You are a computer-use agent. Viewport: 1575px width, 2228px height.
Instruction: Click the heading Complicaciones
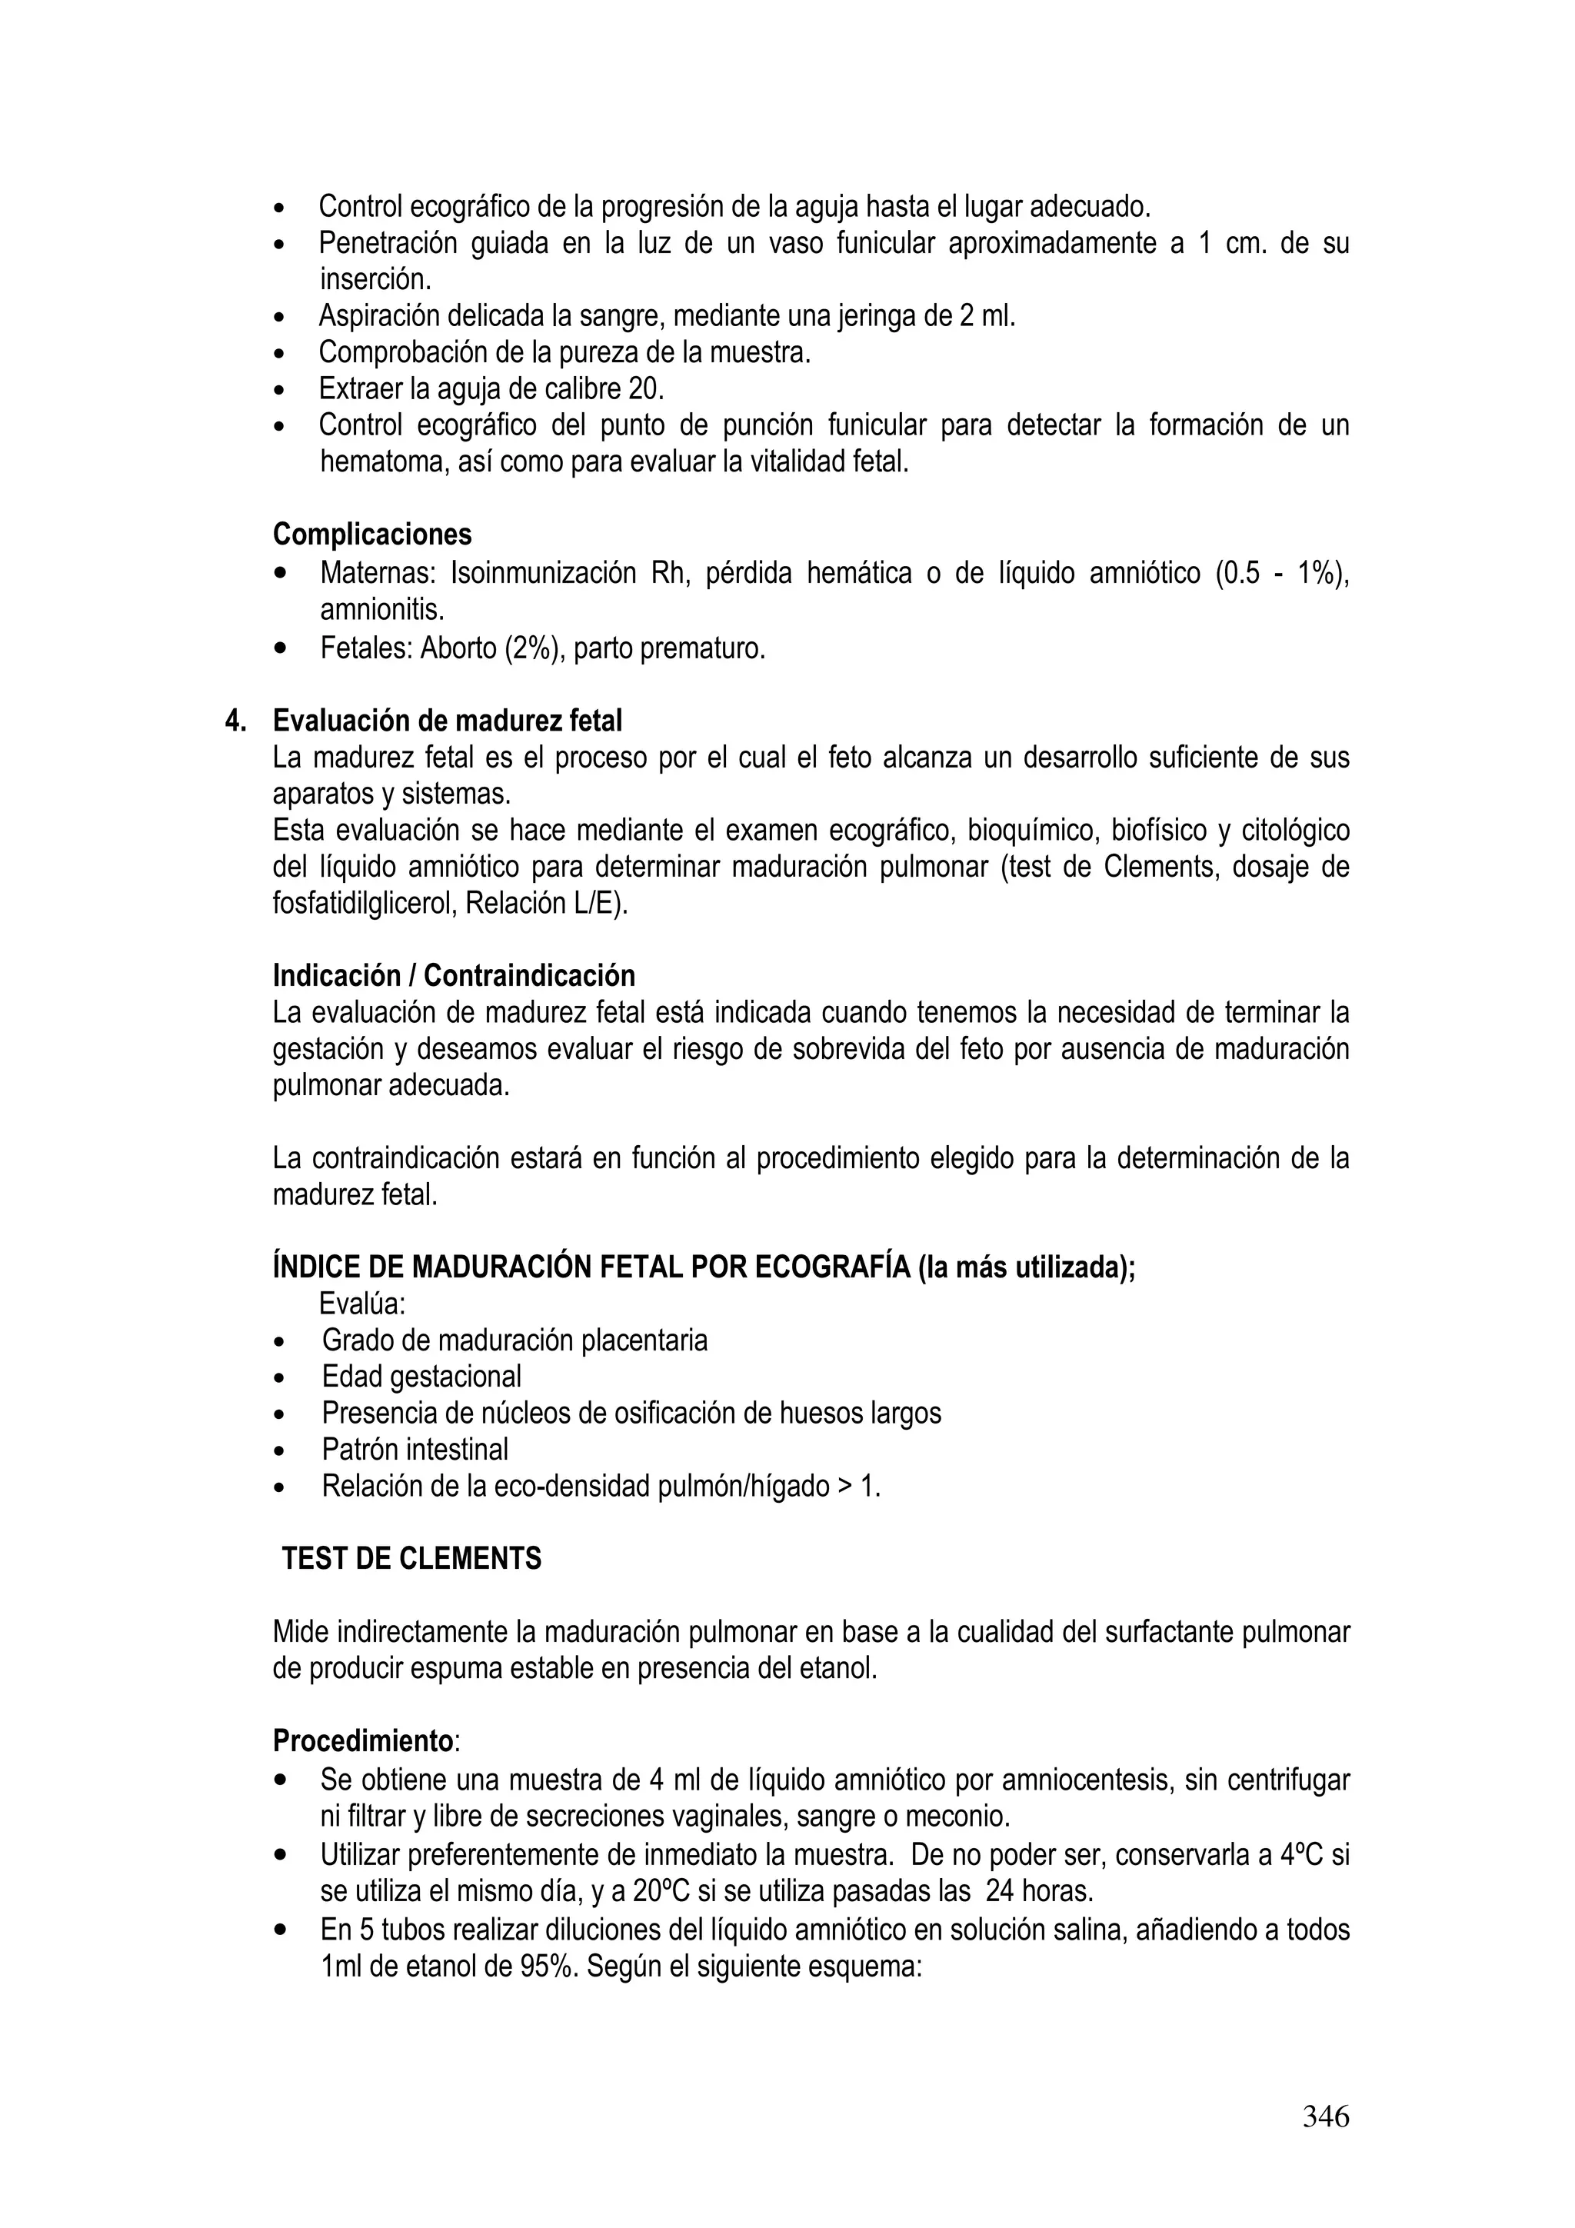[x=371, y=535]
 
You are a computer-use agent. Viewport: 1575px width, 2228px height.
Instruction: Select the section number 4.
[x=235, y=721]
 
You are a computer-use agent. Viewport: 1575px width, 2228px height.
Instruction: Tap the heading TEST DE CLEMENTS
[x=411, y=1558]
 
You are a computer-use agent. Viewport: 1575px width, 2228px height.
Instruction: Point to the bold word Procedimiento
[x=362, y=1742]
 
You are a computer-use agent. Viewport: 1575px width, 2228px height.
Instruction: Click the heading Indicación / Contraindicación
[x=453, y=975]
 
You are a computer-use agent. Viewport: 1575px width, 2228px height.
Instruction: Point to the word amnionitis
[x=382, y=611]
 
